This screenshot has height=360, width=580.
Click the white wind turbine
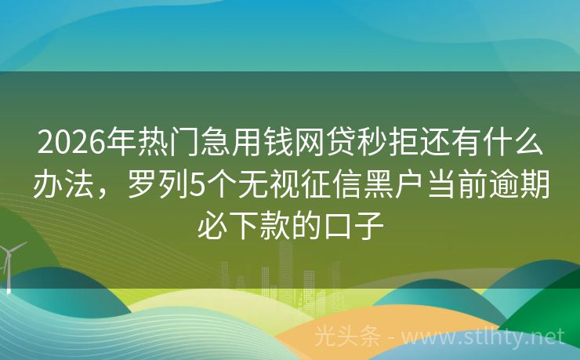click(x=10, y=263)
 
